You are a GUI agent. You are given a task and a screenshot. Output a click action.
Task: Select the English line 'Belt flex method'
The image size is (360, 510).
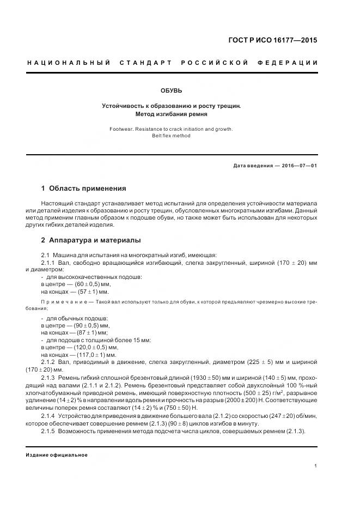172,136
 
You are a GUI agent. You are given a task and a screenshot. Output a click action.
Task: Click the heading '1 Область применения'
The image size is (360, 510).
83,189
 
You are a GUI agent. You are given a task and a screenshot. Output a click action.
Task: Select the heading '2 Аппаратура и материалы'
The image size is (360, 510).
91,240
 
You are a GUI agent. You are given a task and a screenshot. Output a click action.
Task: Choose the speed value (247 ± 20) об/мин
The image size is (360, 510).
280,416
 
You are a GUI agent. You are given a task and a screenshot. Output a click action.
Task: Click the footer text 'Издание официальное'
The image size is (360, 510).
56,455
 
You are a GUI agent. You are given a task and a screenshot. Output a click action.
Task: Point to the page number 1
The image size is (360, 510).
316,465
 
